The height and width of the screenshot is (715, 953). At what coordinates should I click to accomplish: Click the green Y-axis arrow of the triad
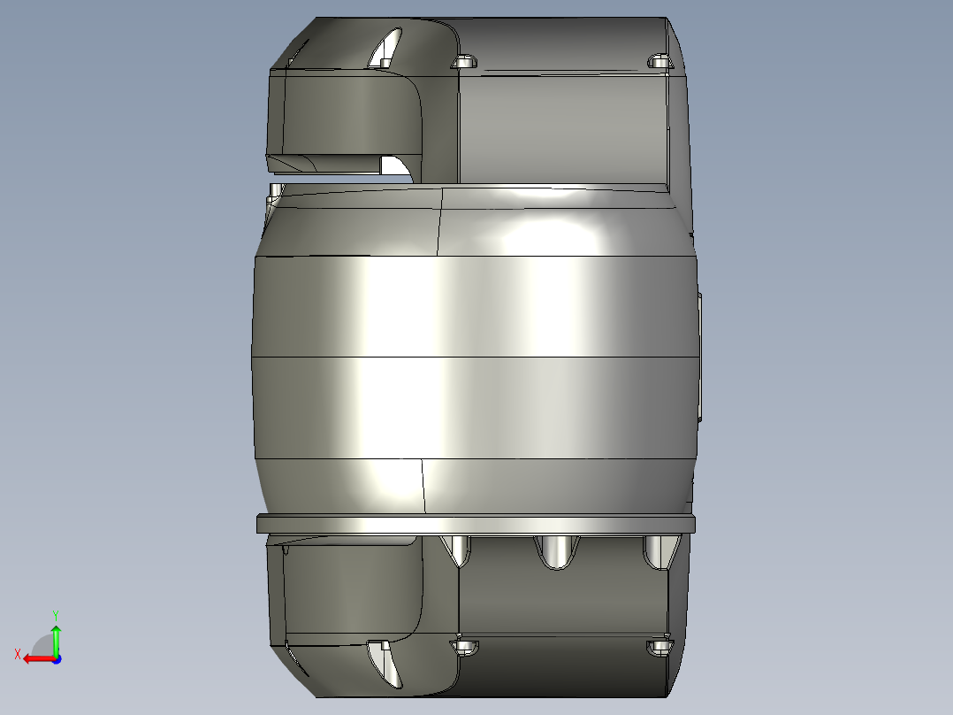(56, 636)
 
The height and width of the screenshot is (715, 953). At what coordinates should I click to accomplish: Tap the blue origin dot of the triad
(56, 658)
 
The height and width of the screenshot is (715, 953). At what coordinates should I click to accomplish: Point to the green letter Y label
(55, 614)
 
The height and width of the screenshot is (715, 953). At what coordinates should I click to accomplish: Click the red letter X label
(17, 654)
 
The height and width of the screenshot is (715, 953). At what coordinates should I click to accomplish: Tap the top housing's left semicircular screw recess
(464, 62)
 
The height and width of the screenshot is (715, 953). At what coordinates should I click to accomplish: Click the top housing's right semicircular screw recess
(659, 61)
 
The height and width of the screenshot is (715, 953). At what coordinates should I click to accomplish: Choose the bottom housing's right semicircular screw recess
(659, 648)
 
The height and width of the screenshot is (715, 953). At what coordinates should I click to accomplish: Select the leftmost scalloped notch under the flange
(459, 550)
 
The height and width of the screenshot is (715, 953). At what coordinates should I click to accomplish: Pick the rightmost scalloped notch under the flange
(657, 550)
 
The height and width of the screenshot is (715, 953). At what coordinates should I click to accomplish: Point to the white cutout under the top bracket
(394, 166)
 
